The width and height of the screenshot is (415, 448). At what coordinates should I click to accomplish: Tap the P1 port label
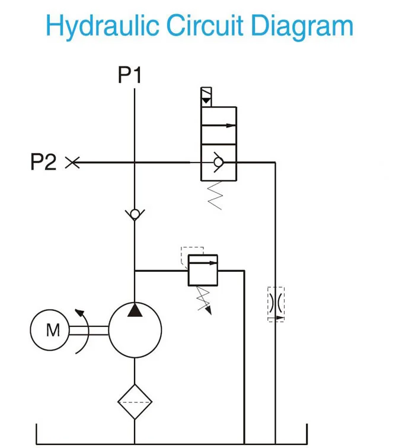click(x=130, y=76)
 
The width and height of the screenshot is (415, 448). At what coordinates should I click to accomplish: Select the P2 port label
click(x=43, y=162)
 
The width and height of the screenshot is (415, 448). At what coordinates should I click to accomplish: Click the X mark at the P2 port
click(x=72, y=162)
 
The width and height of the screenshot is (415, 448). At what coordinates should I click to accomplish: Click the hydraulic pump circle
click(x=135, y=331)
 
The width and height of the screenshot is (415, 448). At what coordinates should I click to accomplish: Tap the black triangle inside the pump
click(x=135, y=310)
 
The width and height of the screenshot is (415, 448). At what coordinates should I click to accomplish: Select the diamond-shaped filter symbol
click(x=135, y=402)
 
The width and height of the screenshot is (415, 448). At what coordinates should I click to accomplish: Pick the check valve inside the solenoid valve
click(x=218, y=162)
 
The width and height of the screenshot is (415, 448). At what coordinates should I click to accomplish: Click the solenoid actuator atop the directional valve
click(x=206, y=97)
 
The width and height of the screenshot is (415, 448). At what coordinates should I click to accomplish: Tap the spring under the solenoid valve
click(x=216, y=195)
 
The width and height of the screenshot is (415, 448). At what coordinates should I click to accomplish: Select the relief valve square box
click(x=202, y=271)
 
